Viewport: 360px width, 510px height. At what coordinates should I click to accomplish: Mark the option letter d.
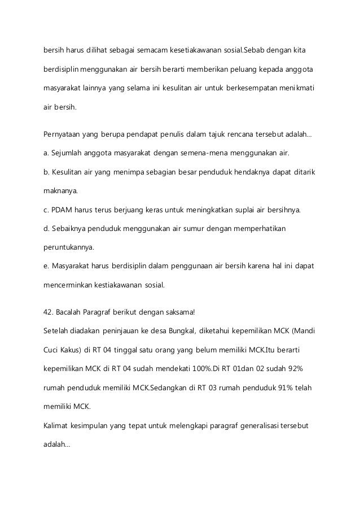46,229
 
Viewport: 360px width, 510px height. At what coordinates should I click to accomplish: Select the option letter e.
46,266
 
